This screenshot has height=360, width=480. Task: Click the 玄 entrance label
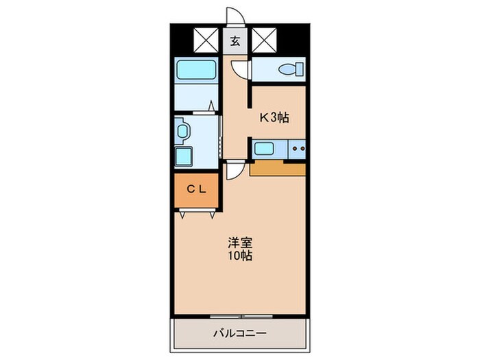click(235, 40)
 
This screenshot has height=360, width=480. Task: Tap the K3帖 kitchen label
click(274, 117)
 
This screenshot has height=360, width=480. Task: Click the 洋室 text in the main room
click(240, 243)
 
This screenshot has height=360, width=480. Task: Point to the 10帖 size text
click(240, 256)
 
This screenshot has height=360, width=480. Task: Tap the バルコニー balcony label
click(239, 334)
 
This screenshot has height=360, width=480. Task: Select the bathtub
click(195, 69)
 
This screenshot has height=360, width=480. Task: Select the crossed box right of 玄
click(263, 40)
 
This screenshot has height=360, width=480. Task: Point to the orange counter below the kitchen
click(277, 168)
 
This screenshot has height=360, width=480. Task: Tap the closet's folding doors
click(197, 214)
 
